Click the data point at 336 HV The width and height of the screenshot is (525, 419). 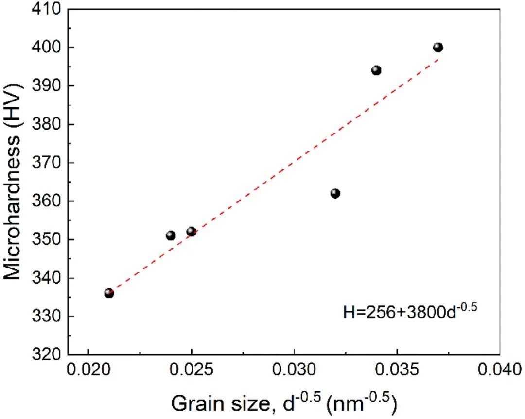tap(109, 293)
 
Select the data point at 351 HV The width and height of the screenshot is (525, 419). tap(171, 235)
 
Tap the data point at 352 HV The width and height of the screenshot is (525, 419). tap(191, 232)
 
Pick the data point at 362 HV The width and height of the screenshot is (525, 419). tap(335, 193)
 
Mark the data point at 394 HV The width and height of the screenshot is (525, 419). tap(376, 70)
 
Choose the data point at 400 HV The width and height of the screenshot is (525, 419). tap(438, 47)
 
